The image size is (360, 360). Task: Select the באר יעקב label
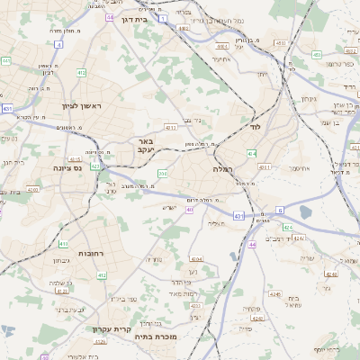(147, 146)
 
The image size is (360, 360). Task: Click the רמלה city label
(223, 168)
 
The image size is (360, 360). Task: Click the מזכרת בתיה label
(161, 337)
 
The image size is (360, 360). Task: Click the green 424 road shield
(300, 238)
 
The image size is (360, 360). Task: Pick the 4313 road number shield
(281, 42)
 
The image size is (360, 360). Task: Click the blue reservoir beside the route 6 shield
(305, 212)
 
